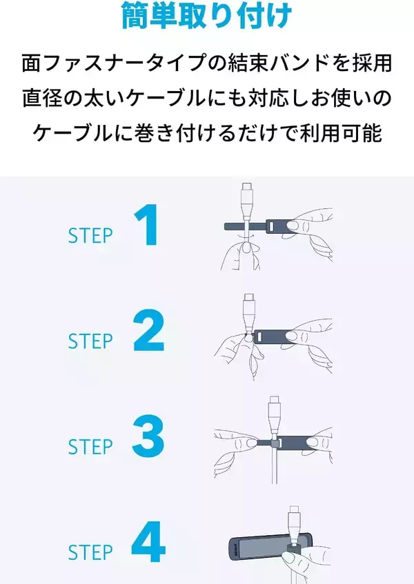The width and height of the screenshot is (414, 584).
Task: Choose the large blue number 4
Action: (148, 544)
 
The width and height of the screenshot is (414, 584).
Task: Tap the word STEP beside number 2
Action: (90, 341)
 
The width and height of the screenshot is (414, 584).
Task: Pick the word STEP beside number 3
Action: (90, 447)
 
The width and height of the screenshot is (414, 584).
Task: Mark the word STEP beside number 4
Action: (90, 552)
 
